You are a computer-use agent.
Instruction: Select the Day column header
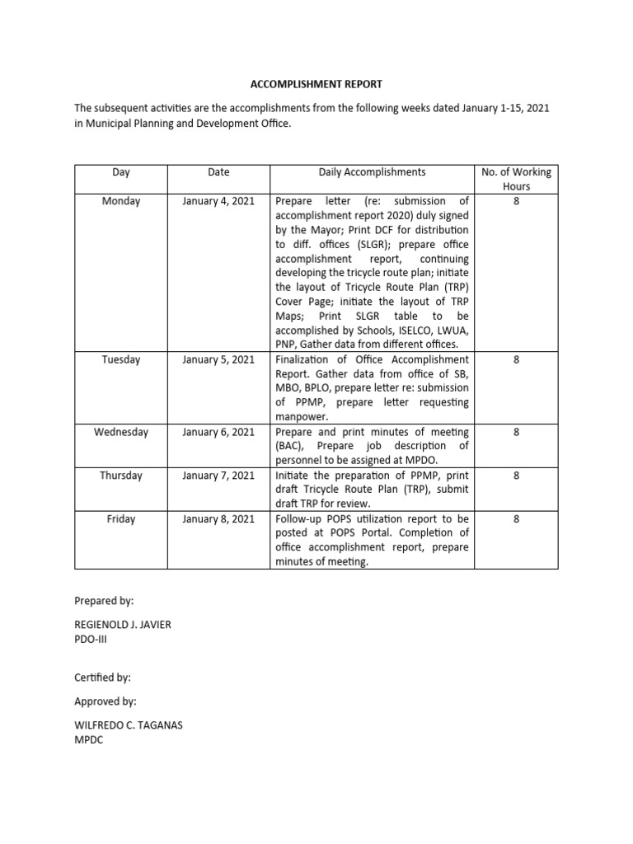(x=121, y=172)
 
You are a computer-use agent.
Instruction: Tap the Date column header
(x=218, y=172)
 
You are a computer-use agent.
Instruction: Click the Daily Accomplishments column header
(x=372, y=172)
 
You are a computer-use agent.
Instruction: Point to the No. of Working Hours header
(x=516, y=179)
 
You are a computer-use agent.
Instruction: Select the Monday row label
(x=121, y=201)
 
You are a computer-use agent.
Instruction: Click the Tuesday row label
(x=121, y=359)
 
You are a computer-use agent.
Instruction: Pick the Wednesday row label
(x=121, y=432)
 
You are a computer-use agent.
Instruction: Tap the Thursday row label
(x=121, y=476)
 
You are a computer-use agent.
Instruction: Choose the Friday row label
(x=121, y=519)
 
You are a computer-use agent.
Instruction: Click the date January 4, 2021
(x=218, y=201)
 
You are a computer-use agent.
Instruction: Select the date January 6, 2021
(x=218, y=432)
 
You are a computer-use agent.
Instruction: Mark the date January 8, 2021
(x=218, y=519)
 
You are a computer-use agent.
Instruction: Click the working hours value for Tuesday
(x=516, y=359)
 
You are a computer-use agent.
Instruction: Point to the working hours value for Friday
(x=516, y=519)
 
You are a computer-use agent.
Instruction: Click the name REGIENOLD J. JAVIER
(x=123, y=624)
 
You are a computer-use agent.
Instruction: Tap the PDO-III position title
(x=91, y=638)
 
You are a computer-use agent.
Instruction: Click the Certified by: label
(x=103, y=677)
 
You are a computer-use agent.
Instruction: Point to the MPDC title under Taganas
(x=89, y=740)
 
